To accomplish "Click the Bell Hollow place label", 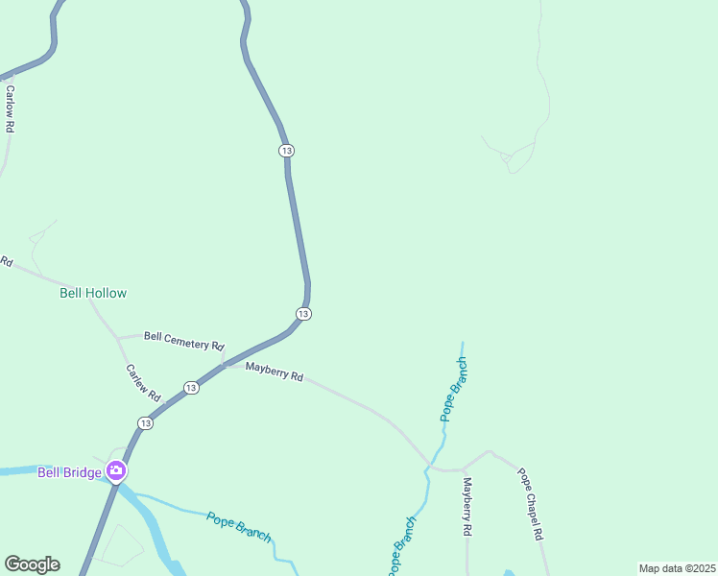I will tap(93, 293).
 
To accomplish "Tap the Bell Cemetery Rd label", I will tap(183, 340).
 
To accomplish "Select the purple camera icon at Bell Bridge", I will tap(116, 470).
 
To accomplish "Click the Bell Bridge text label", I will tap(70, 471).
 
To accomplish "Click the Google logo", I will tap(32, 564).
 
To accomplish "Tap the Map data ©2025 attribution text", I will tap(677, 568).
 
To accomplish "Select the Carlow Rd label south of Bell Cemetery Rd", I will tap(143, 383).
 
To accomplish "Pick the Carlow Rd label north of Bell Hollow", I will tap(11, 108).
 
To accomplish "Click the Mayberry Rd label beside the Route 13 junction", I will tap(274, 372).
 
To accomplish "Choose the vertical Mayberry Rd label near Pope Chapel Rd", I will tap(467, 506).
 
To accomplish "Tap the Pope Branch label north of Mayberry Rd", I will tap(454, 390).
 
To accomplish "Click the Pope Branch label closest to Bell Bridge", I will tap(238, 526).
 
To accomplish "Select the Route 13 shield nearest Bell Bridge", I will tap(145, 423).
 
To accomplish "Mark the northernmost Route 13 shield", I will tap(286, 151).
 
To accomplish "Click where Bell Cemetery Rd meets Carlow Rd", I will tap(117, 338).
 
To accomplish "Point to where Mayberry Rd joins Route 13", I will tap(225, 365).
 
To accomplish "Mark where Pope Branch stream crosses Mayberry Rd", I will tap(428, 467).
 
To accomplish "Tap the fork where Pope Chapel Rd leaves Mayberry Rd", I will tap(463, 469).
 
